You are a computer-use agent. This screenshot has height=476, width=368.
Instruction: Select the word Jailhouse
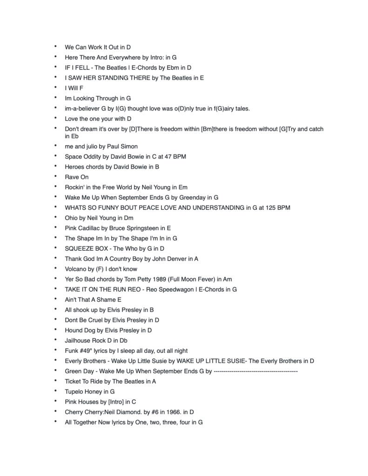[79, 340]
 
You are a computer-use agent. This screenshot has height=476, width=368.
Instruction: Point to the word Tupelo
[75, 391]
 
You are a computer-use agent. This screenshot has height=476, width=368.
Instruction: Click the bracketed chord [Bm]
[207, 129]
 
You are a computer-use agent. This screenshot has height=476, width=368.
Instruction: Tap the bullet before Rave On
[55, 177]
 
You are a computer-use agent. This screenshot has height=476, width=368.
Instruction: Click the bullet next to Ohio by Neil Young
[55, 217]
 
